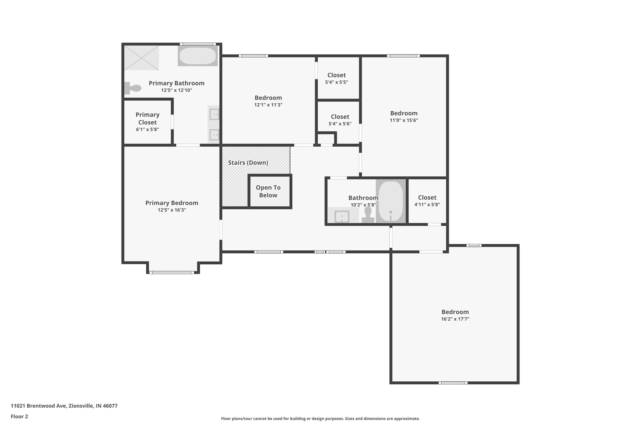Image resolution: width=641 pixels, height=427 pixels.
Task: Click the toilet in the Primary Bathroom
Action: click(133, 88)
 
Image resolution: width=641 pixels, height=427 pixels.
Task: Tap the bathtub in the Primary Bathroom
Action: click(197, 56)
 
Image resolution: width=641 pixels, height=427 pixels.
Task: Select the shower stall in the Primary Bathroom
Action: click(141, 58)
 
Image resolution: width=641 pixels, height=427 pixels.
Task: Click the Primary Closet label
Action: click(147, 119)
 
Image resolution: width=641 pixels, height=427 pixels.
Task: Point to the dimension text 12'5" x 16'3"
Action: click(172, 210)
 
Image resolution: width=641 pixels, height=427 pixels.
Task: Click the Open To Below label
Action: click(268, 191)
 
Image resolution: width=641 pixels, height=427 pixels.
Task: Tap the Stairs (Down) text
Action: click(248, 163)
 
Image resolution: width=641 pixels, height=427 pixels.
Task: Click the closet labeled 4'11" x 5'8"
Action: click(427, 201)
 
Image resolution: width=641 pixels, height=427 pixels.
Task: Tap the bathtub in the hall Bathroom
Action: click(391, 201)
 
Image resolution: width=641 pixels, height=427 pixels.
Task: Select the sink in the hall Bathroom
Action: click(342, 216)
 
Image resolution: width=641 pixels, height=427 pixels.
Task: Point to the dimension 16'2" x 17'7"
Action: click(455, 319)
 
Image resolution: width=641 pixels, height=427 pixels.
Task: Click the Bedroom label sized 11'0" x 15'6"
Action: click(404, 113)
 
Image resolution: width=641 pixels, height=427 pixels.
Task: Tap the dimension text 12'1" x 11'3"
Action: click(268, 105)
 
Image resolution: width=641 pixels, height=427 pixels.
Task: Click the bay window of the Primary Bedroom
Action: click(172, 272)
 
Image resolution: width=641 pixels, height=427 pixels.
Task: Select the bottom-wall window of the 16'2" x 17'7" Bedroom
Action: click(453, 383)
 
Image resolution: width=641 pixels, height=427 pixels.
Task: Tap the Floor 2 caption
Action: click(19, 416)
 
